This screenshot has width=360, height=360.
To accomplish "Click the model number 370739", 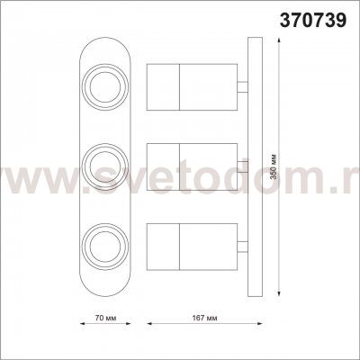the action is coord(313,21).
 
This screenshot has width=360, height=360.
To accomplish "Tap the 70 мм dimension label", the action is coord(105,319).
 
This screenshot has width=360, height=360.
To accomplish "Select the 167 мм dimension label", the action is coord(205,319).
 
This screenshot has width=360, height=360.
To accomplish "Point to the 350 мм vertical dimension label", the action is coord(274,167).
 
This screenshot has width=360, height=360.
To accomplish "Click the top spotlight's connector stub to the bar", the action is coord(243,87).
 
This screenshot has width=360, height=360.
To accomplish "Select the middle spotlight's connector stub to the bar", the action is coord(243,166).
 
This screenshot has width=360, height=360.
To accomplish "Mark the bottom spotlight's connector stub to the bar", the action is coord(243,247).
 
